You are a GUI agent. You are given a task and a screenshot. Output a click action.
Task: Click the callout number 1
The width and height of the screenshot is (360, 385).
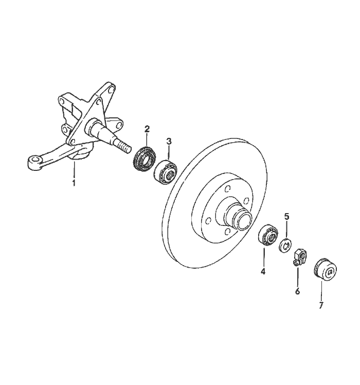point(74,183)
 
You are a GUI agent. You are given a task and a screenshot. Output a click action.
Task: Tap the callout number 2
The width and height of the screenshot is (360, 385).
point(147,129)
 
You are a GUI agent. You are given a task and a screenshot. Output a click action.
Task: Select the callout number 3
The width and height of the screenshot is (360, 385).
point(169,142)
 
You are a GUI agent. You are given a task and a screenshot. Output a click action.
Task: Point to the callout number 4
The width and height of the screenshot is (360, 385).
point(263,271)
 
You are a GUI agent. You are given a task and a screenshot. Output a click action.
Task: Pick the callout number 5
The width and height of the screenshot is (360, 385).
point(286,217)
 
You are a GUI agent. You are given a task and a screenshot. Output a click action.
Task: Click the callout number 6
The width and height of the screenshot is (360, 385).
point(297,291)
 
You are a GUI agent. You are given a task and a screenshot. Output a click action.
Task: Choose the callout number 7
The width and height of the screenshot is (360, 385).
point(321,305)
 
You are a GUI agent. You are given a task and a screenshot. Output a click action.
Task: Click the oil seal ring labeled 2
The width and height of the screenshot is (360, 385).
point(145,159)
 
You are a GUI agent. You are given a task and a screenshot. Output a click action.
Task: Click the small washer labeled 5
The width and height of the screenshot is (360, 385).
point(285,245)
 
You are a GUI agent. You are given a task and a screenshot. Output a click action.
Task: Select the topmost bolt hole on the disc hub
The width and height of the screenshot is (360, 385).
point(228,188)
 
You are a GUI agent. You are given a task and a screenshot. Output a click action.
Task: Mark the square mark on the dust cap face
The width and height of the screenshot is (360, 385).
point(331,272)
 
